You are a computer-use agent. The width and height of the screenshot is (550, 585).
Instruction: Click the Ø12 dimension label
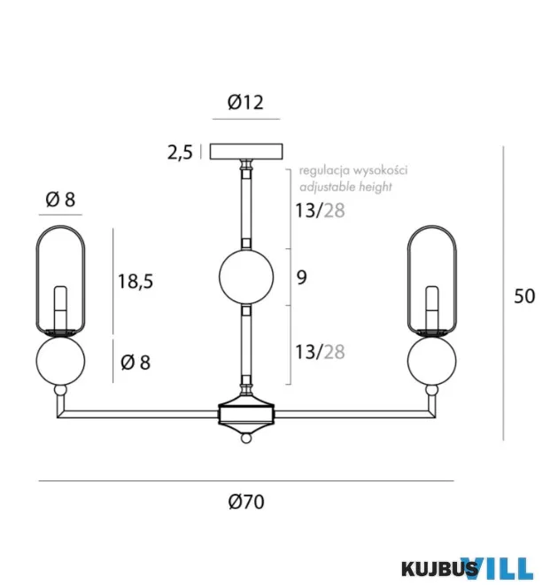[x=245, y=102]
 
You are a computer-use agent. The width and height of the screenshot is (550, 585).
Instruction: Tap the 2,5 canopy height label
[x=180, y=152]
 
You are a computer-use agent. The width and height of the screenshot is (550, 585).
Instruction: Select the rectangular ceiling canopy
[x=246, y=152]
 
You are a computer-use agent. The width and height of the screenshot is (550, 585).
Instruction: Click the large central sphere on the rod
[x=246, y=277]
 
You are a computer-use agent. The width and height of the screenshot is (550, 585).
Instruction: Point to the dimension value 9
[x=302, y=277]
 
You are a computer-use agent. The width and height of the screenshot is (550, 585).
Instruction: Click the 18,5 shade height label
[x=136, y=281]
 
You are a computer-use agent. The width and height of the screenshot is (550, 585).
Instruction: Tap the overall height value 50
[x=524, y=296]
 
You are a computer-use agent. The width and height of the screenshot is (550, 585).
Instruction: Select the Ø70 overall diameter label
[x=246, y=502]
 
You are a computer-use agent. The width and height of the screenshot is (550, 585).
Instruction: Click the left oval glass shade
[x=36, y=280]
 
